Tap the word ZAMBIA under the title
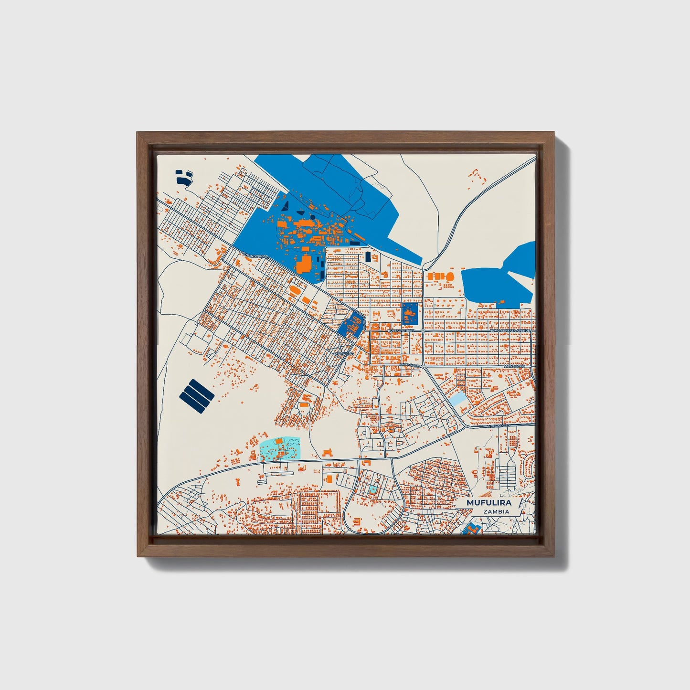496,511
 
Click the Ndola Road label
499,425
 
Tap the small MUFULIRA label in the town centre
344,353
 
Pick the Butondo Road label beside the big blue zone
256,255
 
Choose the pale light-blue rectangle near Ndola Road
458,399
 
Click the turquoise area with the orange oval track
279,449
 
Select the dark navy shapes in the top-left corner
183,177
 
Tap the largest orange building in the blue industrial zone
304,263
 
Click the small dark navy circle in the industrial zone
312,217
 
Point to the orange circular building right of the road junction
450,276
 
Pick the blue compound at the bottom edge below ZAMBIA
472,529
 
